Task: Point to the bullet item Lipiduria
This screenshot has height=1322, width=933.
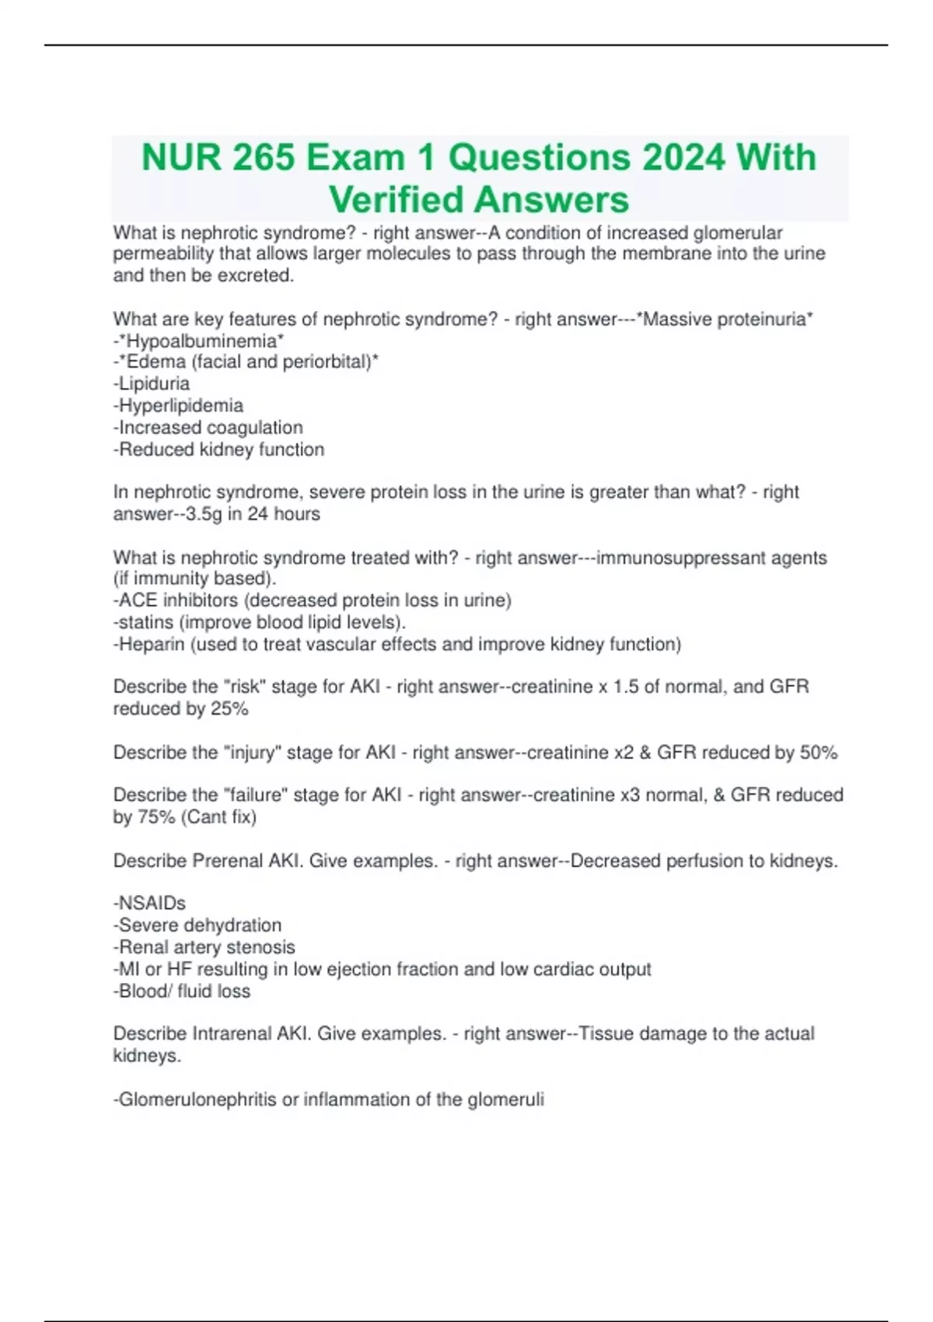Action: coord(152,383)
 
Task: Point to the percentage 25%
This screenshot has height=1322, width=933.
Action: coord(229,708)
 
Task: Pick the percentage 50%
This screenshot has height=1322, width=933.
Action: coord(819,752)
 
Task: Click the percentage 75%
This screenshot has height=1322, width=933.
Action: coord(155,817)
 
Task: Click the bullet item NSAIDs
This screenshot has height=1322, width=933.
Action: coord(150,904)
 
